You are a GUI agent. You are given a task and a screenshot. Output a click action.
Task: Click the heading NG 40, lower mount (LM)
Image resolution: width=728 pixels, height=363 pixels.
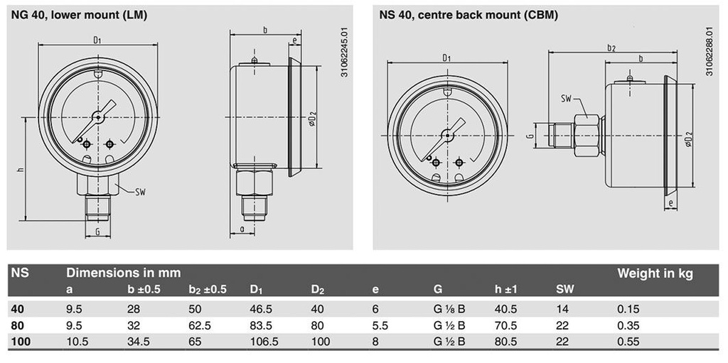tap(79, 16)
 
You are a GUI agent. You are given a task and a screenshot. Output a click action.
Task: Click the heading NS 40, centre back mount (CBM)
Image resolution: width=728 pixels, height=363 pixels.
tap(469, 16)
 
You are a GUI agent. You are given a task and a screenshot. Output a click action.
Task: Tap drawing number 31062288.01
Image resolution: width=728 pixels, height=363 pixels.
tap(709, 52)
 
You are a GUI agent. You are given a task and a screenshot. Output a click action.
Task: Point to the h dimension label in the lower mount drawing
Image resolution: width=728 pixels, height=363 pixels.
tap(20, 170)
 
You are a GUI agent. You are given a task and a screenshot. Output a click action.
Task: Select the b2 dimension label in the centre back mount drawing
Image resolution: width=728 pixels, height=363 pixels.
tap(611, 48)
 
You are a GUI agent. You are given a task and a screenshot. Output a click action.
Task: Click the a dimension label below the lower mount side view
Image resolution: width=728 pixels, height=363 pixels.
tap(242, 228)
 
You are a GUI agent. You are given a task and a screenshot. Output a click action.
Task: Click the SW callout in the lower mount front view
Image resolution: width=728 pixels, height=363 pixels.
tap(141, 192)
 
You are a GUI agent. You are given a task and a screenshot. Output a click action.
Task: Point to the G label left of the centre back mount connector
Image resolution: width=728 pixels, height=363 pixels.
tap(530, 136)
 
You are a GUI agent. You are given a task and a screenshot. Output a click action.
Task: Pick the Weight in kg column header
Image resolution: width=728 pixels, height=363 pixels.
tap(655, 274)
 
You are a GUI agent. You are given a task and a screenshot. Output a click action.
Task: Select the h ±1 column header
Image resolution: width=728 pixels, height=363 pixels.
tap(505, 290)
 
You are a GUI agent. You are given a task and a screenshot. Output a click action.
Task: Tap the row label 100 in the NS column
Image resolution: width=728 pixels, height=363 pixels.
tap(20, 342)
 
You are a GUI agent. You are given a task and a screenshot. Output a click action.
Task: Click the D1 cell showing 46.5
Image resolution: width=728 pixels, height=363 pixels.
tap(261, 309)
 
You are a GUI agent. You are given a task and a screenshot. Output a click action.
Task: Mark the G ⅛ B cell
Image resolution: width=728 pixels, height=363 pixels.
tap(449, 309)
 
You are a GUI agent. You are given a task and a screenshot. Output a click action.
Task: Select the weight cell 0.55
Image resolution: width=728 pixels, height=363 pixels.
tap(628, 342)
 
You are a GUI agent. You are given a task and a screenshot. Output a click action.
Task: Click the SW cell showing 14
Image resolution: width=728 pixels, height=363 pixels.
tap(562, 309)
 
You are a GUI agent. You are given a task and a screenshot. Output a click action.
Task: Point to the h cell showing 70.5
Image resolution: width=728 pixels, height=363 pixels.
tap(505, 325)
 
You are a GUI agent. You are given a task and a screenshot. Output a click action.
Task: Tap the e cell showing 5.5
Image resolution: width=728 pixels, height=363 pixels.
tap(380, 325)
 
